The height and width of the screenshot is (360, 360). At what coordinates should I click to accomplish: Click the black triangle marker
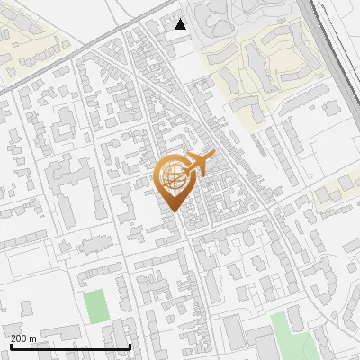tap(181, 24)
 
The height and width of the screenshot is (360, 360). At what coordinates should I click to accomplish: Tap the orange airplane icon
tap(199, 165)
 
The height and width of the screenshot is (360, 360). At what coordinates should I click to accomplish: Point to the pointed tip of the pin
tap(175, 211)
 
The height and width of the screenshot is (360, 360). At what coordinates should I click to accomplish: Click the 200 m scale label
tap(23, 338)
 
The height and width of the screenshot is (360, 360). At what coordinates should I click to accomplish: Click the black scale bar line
tap(70, 346)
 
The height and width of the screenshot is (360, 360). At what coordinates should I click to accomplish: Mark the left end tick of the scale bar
tap(10, 345)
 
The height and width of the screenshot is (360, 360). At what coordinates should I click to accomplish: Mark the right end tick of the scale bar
tap(130, 345)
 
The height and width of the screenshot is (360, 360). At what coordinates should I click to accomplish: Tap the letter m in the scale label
tap(32, 338)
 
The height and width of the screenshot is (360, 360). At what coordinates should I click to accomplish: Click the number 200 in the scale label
tap(19, 338)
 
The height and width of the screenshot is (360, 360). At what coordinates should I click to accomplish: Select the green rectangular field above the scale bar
tap(96, 307)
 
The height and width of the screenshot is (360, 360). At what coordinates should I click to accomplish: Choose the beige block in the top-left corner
tap(31, 49)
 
